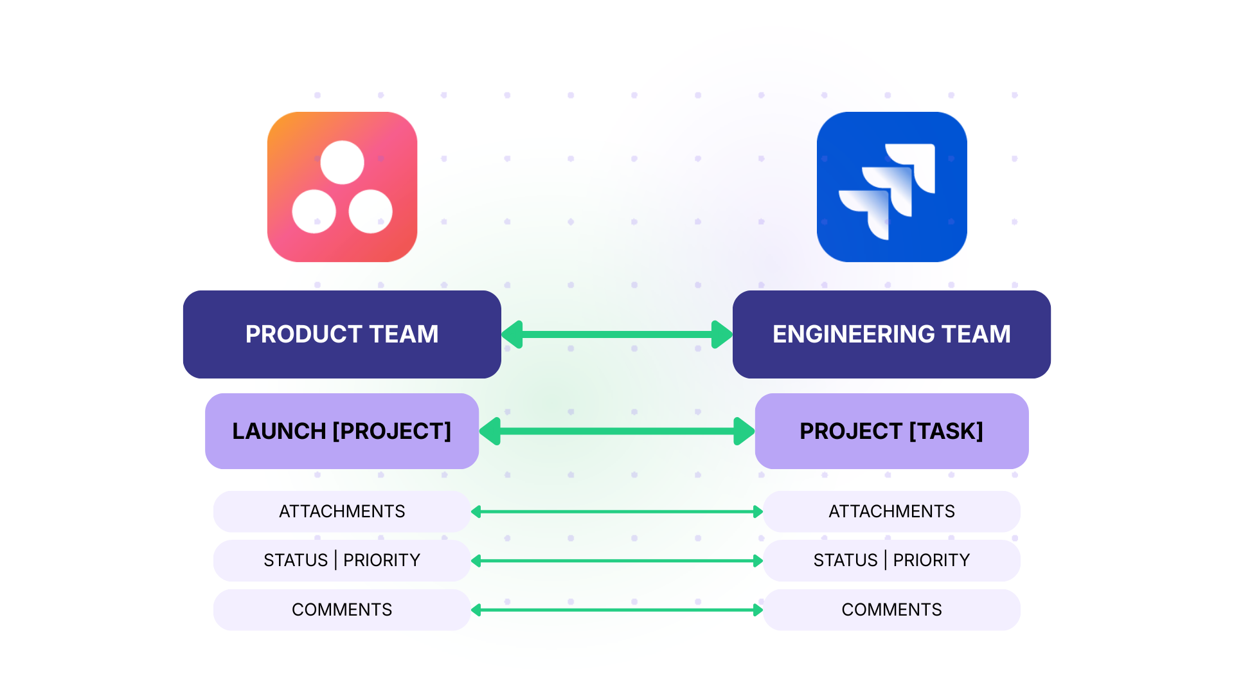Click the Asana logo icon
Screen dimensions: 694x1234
click(342, 187)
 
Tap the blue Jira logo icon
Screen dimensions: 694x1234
click(891, 187)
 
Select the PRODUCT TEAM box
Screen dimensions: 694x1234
click(342, 334)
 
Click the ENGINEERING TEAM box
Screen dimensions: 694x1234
click(891, 334)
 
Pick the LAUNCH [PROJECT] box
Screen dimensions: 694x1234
click(342, 431)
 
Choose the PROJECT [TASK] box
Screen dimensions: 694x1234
click(891, 431)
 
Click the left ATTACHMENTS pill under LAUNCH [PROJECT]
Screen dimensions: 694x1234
click(342, 512)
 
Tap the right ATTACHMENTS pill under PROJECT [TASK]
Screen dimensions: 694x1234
click(891, 512)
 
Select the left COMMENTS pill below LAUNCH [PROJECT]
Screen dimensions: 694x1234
click(342, 610)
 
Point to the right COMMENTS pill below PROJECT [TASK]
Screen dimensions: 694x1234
click(891, 610)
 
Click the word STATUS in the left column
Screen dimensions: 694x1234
click(296, 560)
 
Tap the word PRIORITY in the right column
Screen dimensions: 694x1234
click(931, 560)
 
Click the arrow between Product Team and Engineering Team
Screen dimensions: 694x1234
click(617, 334)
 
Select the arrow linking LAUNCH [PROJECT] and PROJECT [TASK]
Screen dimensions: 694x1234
click(617, 431)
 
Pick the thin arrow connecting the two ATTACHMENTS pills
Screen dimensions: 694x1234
click(617, 512)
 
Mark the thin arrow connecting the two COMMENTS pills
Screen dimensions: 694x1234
click(617, 610)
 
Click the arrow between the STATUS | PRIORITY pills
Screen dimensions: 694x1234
click(617, 561)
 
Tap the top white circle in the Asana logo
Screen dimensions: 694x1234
click(342, 163)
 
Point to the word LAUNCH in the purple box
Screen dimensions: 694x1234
click(279, 431)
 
